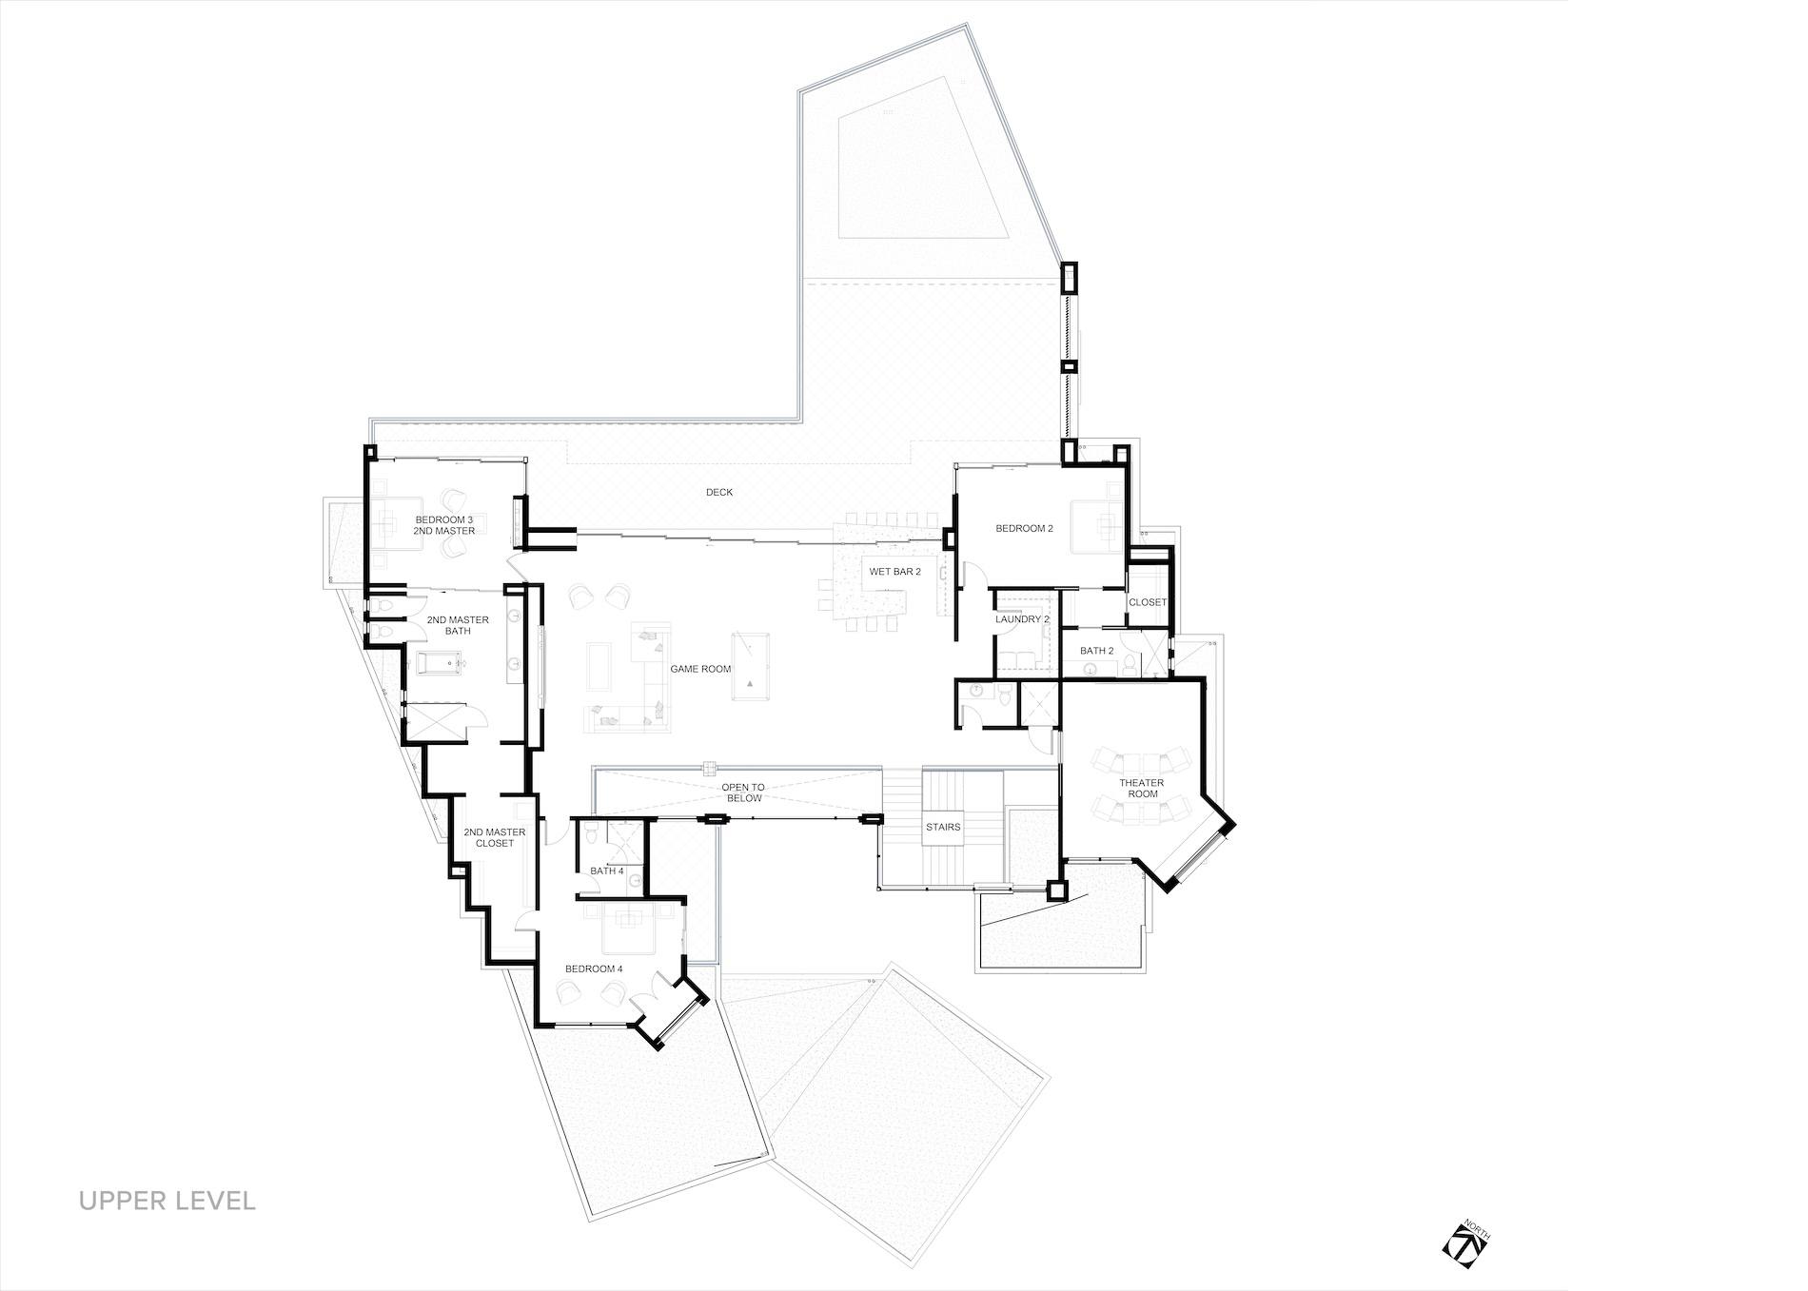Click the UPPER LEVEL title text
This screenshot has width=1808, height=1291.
click(167, 1200)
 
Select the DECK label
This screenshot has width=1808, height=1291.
click(719, 492)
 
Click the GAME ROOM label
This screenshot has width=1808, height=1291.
click(701, 669)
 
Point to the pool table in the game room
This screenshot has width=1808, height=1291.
click(748, 667)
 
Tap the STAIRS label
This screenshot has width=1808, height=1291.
click(943, 827)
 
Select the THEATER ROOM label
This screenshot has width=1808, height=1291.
click(1141, 789)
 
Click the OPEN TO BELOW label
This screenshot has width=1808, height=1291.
click(742, 792)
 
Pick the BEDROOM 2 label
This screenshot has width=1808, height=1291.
click(1025, 529)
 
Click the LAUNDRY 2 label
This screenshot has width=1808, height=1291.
click(1023, 619)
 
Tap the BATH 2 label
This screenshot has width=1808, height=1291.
click(1097, 651)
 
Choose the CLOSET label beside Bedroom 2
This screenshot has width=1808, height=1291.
click(1148, 602)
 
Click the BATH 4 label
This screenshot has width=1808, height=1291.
click(607, 870)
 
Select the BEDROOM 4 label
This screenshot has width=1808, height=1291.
click(594, 968)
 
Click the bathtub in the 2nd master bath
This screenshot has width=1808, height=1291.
click(434, 662)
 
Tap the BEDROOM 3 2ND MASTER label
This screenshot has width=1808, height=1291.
click(444, 524)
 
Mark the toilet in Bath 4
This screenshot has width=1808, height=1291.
click(591, 836)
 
